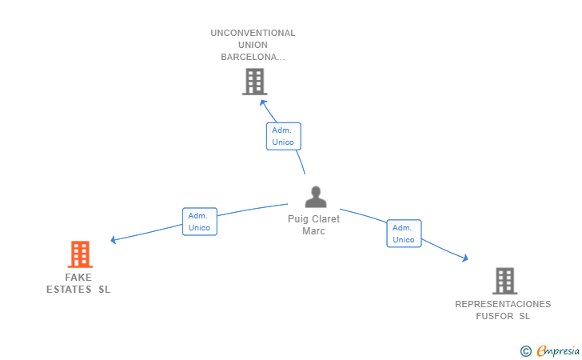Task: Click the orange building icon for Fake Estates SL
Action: coord(80,254)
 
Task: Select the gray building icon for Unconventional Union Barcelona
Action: coord(254,82)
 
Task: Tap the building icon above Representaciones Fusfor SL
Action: coord(504,281)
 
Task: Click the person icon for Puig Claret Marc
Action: coord(316,197)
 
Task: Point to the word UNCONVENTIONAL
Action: coord(253,34)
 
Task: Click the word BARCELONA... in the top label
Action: coord(253,58)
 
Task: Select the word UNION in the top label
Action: coord(253,46)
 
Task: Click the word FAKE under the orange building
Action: coord(78,278)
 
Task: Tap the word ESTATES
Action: coord(69,290)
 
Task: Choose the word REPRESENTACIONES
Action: coord(503,304)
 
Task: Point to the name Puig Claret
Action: coord(313,219)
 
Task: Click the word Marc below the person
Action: coord(313,231)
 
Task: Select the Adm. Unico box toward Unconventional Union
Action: coord(283,136)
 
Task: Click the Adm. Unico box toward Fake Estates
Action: coord(199,222)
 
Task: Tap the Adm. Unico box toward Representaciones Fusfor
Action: coord(404,234)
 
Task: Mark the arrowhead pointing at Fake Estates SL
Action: coord(114,239)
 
